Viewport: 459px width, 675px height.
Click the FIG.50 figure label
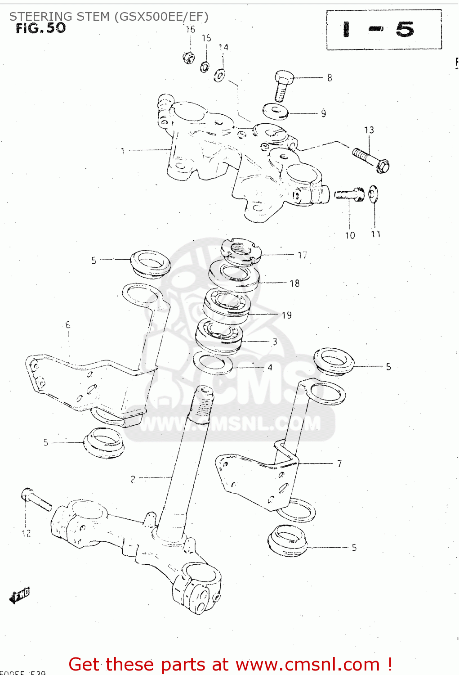pos(40,28)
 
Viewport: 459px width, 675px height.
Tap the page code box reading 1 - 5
pos(383,30)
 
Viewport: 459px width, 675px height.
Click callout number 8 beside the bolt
pos(330,78)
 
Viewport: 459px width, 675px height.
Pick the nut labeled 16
pos(189,57)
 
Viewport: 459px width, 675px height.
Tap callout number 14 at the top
pos(223,48)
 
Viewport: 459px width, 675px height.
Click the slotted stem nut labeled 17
pos(241,250)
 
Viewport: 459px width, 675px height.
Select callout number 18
pos(294,283)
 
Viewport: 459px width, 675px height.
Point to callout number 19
pos(286,315)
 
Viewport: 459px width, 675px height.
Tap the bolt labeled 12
pos(36,499)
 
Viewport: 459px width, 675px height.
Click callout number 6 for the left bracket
pos(68,324)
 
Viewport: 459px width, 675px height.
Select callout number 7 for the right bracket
pos(339,463)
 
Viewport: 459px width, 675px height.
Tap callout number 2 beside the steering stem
pos(133,479)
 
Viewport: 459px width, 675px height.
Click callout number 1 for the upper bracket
pos(122,151)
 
